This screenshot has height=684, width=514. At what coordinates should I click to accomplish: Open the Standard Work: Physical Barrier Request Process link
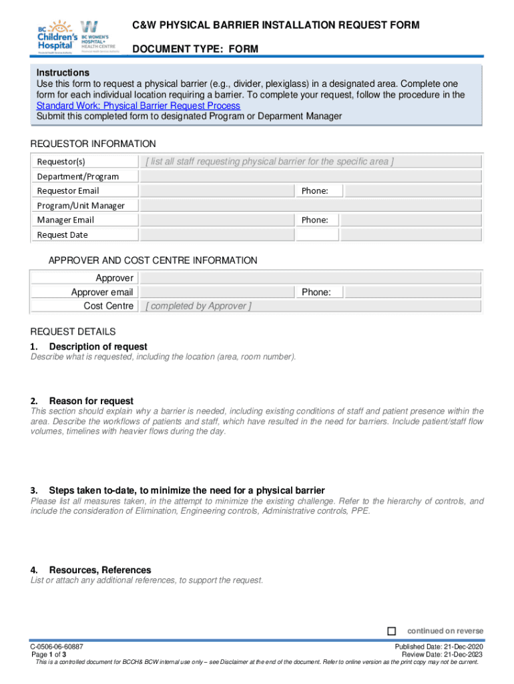pos(138,106)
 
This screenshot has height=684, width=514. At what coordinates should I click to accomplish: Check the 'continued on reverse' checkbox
pos(392,631)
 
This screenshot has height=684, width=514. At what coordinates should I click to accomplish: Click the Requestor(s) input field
pos(310,162)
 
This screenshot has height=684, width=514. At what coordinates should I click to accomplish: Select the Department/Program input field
pos(310,176)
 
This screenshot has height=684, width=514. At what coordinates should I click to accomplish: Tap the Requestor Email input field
pos(218,191)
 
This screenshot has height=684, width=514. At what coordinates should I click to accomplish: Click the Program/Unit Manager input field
pos(310,205)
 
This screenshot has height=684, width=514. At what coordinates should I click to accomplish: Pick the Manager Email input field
pos(218,220)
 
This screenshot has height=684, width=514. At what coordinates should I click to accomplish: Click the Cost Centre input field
pos(310,306)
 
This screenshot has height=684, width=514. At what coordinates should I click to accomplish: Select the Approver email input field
pos(218,292)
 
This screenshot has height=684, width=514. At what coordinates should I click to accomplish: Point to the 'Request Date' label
pos(62,234)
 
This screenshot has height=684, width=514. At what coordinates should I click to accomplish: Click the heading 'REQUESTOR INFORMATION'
pos(93,144)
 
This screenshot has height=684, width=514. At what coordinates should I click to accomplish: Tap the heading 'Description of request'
pos(98,347)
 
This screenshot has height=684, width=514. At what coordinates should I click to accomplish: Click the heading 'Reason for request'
pos(91,401)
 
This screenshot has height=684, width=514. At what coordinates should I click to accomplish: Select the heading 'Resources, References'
pos(100,570)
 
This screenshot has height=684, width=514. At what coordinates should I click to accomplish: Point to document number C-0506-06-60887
pos(56,647)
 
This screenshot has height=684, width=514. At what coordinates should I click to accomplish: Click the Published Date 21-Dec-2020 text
pos(439,647)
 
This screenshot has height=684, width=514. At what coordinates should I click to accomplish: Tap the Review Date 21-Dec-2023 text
pos(442,655)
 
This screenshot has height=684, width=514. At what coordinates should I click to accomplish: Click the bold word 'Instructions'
pos(63,72)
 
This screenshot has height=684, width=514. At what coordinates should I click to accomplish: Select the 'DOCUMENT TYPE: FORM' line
pos(195,49)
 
